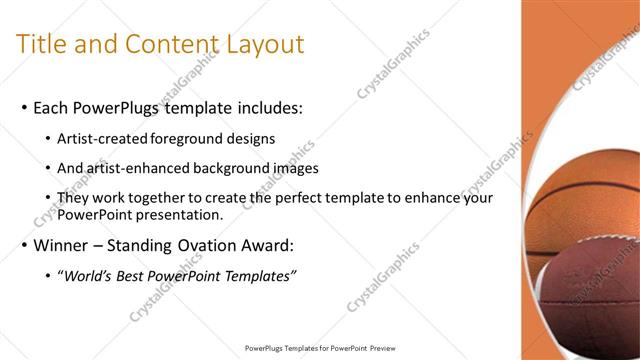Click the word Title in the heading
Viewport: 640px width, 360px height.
click(42, 44)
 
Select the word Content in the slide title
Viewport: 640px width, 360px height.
click(167, 44)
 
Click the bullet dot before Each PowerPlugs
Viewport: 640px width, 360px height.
click(23, 108)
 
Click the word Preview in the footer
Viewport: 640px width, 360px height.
click(377, 349)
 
